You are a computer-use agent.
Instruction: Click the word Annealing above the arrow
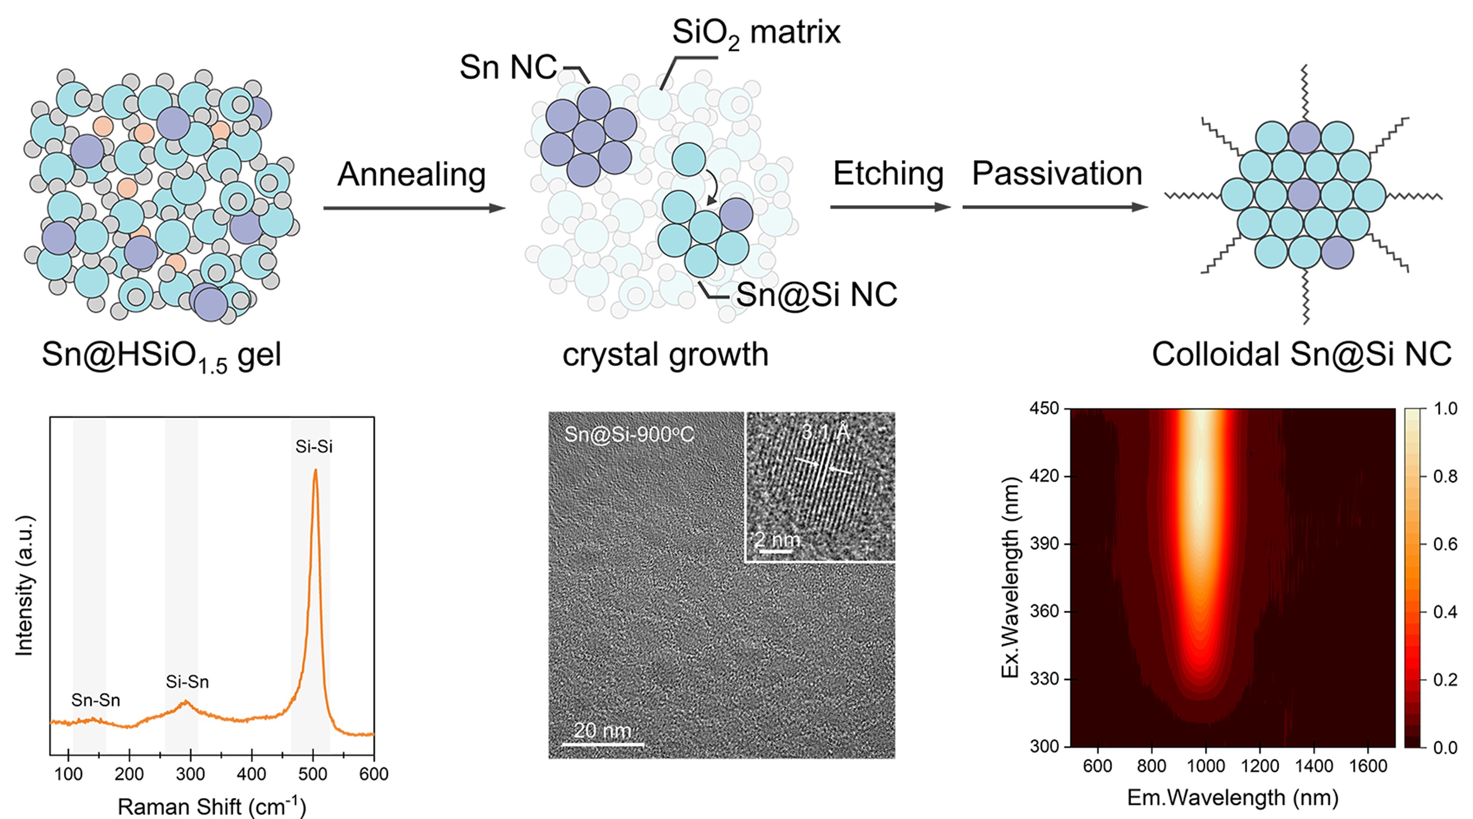pyautogui.click(x=411, y=175)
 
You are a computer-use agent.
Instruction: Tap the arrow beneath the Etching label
pyautogui.click(x=890, y=207)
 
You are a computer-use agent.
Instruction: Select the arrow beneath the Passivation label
pyautogui.click(x=1055, y=207)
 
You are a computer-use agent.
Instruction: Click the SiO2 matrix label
pyautogui.click(x=756, y=33)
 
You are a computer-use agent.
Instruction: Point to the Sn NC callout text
pyautogui.click(x=508, y=68)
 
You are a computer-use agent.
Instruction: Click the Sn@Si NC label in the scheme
pyautogui.click(x=816, y=295)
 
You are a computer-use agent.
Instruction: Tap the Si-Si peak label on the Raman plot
pyautogui.click(x=314, y=447)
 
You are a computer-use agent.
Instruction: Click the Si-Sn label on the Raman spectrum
pyautogui.click(x=187, y=682)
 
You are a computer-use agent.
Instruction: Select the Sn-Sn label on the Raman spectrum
pyautogui.click(x=95, y=700)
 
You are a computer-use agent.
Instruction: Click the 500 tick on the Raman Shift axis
pyautogui.click(x=313, y=774)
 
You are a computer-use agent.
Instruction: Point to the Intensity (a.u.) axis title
pyautogui.click(x=24, y=586)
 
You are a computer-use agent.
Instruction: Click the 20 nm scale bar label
pyautogui.click(x=602, y=730)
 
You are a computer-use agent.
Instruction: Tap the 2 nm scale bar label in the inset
pyautogui.click(x=777, y=539)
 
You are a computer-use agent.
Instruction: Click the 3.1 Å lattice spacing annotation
pyautogui.click(x=825, y=432)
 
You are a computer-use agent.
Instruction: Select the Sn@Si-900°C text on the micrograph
pyautogui.click(x=629, y=435)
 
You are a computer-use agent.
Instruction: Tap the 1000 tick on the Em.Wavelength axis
pyautogui.click(x=1205, y=766)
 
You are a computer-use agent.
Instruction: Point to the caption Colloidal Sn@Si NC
pyautogui.click(x=1301, y=355)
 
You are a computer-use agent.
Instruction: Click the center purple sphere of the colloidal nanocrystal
pyautogui.click(x=1304, y=195)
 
